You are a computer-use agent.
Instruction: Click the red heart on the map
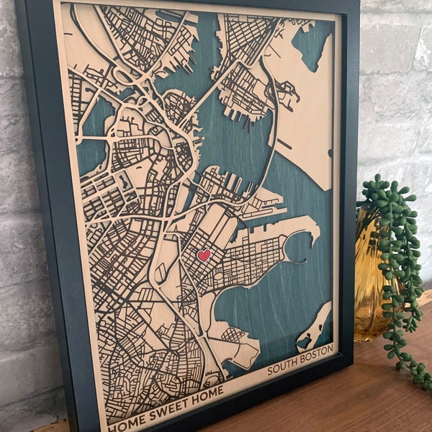point(204,255)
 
